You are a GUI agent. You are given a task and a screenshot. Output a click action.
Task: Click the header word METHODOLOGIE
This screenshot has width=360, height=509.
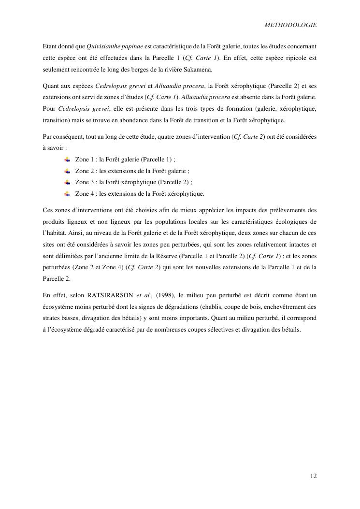pos(291,25)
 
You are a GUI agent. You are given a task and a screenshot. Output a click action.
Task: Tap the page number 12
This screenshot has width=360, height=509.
pos(314,476)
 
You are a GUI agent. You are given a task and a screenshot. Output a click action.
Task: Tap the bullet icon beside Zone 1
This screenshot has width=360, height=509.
pos(67,159)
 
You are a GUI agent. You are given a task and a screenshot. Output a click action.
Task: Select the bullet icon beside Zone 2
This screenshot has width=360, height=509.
pos(67,171)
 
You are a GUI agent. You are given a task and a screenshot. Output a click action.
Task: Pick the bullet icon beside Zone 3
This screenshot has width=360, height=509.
pos(67,182)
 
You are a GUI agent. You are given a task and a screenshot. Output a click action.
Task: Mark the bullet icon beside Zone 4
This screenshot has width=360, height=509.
pos(67,194)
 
